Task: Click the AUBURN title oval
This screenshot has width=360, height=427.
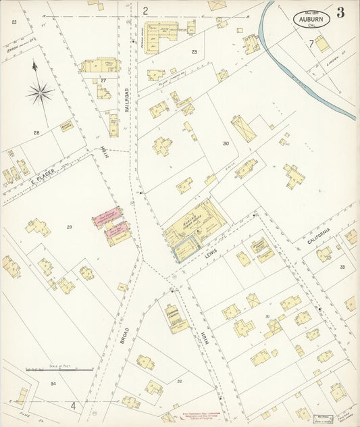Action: tap(311, 18)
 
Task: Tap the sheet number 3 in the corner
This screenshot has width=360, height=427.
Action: tap(340, 12)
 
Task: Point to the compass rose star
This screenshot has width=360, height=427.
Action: tap(39, 92)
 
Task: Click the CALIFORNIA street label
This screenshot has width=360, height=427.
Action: tap(319, 236)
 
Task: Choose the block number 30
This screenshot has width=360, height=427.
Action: tap(226, 143)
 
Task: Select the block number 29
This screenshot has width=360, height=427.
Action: tap(69, 227)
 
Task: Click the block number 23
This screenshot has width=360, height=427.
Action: tap(195, 51)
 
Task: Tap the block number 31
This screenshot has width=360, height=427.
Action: tap(268, 316)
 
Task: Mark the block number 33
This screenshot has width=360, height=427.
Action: tap(342, 267)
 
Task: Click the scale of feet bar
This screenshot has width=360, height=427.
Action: tap(59, 370)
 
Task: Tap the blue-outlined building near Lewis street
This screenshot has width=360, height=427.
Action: tap(185, 251)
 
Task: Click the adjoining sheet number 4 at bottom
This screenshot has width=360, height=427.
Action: tap(73, 406)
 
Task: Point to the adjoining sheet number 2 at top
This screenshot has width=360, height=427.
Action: tap(145, 10)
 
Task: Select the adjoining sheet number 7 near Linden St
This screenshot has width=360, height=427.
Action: tap(311, 44)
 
